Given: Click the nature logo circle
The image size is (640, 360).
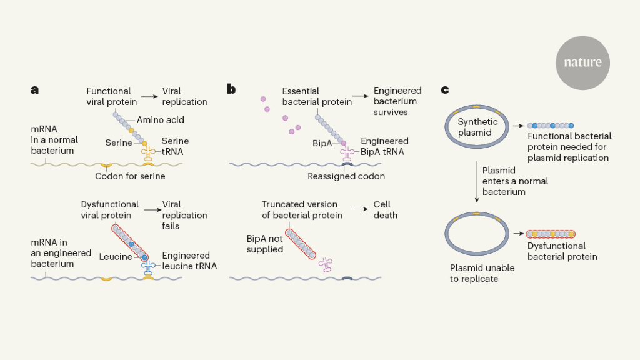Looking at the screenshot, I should (582, 62).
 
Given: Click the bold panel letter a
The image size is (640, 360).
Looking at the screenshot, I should (34, 89).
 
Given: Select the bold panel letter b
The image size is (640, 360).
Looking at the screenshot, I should (231, 89).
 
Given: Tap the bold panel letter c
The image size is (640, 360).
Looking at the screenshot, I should (445, 89).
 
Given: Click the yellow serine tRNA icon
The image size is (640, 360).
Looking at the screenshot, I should (148, 154).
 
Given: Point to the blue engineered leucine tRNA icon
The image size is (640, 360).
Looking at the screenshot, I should (148, 267).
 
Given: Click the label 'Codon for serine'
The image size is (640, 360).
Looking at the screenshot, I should (130, 176).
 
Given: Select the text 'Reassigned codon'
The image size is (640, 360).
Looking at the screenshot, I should (346, 176).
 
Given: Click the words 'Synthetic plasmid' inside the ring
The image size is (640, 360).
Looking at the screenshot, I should (477, 126).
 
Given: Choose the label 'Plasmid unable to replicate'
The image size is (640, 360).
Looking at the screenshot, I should (482, 273).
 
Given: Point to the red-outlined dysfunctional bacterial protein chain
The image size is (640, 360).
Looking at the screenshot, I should (551, 234).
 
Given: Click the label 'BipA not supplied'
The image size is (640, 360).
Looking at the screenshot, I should (265, 244).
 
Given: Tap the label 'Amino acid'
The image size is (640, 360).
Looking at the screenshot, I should (161, 120).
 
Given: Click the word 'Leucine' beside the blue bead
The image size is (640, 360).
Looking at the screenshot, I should (116, 256).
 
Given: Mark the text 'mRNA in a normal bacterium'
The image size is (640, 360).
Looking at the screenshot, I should (52, 139).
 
